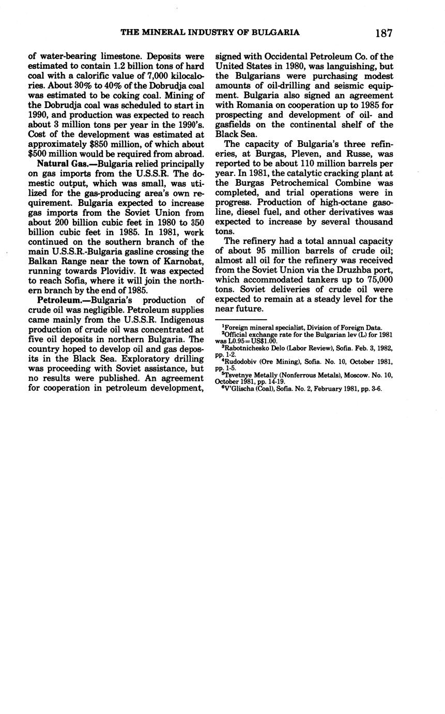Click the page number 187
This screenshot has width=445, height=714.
pos(383,33)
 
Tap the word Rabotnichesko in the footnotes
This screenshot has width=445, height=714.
pos(249,349)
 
